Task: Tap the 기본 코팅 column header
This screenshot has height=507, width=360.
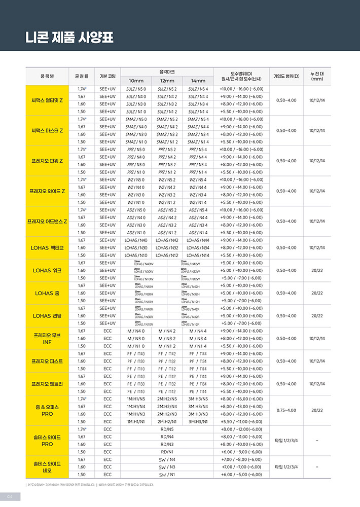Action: (x=107, y=76)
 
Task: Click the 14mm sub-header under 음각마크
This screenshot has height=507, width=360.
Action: (x=198, y=81)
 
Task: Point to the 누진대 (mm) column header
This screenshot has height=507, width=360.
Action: (x=317, y=76)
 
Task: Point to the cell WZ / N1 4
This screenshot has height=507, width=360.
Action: (x=198, y=202)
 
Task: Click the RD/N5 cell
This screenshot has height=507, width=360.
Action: (x=167, y=429)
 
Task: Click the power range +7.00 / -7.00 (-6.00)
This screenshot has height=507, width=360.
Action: (x=241, y=467)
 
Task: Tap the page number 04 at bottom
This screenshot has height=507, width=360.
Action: (x=10, y=495)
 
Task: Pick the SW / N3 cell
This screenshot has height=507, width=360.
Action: (x=167, y=467)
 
